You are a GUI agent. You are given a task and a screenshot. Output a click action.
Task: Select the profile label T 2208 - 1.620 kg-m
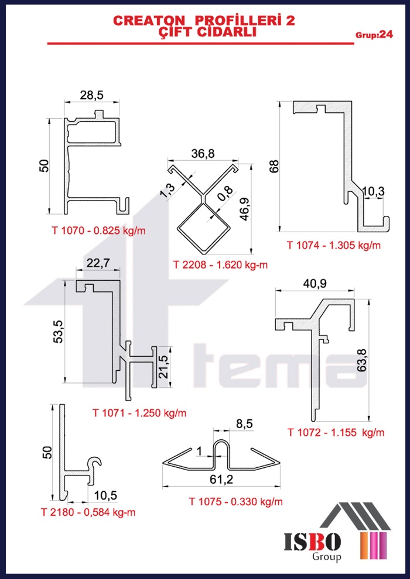(220, 265)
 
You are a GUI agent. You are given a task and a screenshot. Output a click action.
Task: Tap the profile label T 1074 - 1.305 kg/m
(334, 245)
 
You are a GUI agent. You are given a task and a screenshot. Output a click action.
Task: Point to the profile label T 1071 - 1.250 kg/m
(139, 412)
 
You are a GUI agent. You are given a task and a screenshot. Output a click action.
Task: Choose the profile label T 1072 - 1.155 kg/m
(336, 432)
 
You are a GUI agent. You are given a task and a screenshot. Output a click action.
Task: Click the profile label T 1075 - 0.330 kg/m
(236, 501)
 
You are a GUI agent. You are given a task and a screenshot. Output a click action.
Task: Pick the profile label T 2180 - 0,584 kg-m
(88, 512)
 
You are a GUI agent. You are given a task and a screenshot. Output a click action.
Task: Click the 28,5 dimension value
(93, 95)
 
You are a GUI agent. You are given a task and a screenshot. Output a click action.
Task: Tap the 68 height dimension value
(274, 166)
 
